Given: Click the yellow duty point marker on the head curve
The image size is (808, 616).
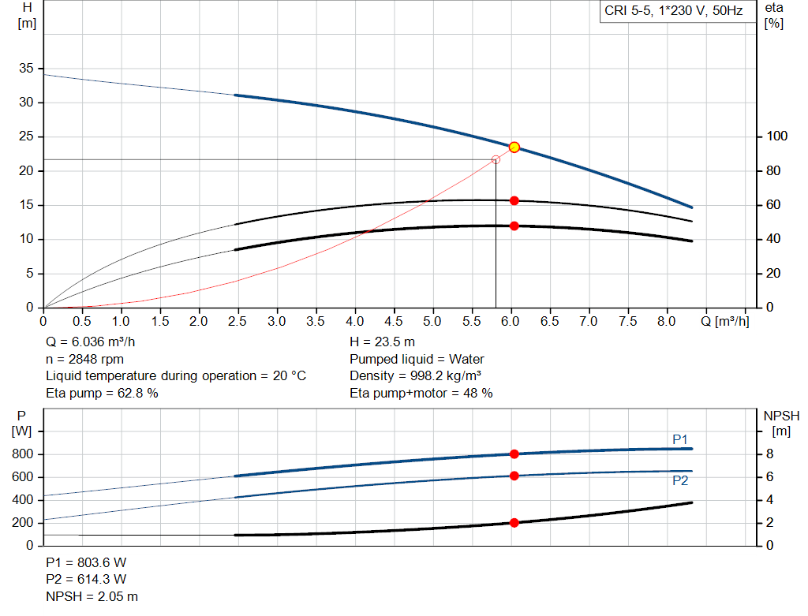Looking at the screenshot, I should click(514, 147).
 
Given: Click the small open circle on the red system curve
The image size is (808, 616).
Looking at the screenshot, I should click(496, 159).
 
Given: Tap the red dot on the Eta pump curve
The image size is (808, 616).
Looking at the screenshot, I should click(514, 200).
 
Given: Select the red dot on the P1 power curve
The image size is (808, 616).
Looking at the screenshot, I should click(514, 454).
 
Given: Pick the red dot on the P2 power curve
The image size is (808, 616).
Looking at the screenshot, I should click(514, 476).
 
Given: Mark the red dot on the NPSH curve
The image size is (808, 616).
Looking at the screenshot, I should click(514, 522).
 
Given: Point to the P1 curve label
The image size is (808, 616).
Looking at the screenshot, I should click(680, 439).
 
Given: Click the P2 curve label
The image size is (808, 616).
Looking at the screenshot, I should click(680, 480).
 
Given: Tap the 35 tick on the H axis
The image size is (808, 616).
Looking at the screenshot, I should click(26, 69).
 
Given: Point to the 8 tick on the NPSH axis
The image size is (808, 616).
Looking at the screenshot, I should click(772, 454).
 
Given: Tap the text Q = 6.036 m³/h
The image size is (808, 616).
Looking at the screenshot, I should click(95, 342).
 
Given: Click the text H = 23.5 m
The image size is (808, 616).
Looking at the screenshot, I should click(382, 342).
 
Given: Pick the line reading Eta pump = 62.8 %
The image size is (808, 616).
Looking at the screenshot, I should click(102, 393).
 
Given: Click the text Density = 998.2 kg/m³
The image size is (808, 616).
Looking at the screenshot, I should click(416, 376).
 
